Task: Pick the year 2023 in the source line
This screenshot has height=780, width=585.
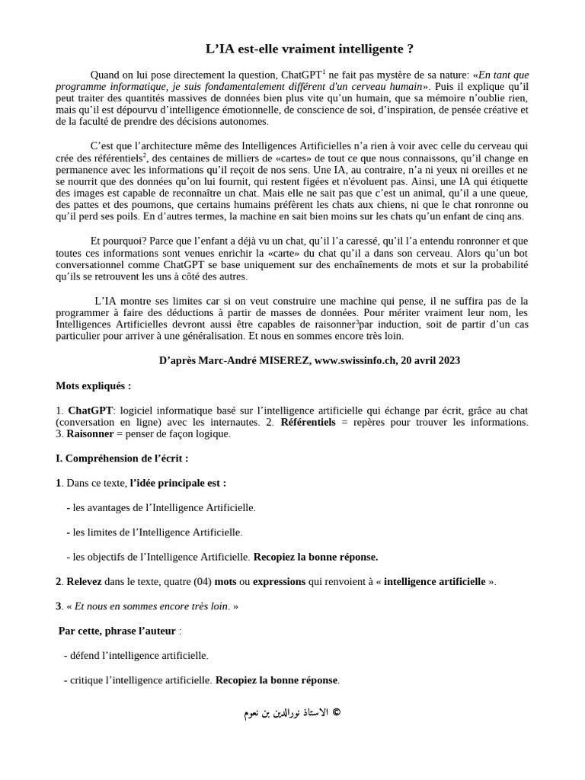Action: click(446, 360)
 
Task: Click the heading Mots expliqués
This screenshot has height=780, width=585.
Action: click(93, 385)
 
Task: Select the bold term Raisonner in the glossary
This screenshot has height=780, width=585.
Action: click(90, 433)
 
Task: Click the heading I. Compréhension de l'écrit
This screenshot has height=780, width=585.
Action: click(122, 458)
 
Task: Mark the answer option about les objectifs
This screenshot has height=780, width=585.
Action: click(161, 556)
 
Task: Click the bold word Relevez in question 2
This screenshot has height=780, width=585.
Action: click(83, 581)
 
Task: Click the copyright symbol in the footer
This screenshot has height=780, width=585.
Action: click(337, 713)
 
